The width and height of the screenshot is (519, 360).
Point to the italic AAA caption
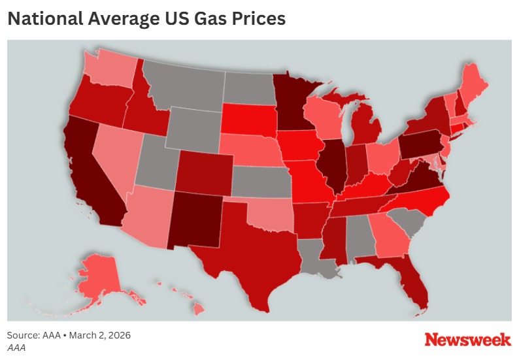pos(16,348)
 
